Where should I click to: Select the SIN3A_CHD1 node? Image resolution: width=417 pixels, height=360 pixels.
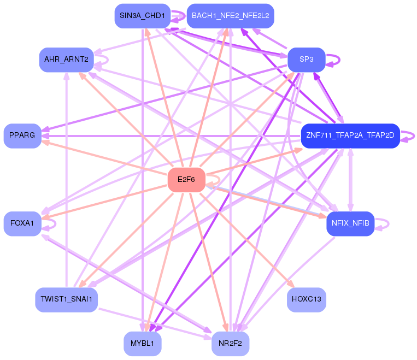tap(142, 15)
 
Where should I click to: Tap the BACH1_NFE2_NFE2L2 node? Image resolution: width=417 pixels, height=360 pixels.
tap(230, 15)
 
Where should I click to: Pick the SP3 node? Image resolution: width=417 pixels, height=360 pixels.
tap(306, 59)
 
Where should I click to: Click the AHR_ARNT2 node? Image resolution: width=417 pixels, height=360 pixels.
tap(66, 59)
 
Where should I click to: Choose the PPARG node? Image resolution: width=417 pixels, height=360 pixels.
tap(22, 135)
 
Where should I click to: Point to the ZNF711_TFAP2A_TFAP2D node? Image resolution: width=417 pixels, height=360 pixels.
tap(350, 135)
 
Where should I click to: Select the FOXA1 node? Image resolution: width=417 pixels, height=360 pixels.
tap(22, 223)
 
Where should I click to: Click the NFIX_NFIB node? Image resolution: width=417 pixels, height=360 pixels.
tap(350, 223)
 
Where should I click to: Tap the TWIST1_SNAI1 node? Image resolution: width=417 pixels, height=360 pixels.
tap(66, 299)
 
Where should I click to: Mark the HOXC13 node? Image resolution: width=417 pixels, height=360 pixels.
tap(306, 299)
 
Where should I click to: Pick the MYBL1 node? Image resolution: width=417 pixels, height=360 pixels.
tap(142, 344)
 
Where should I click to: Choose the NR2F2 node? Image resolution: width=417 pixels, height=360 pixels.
tap(230, 344)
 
